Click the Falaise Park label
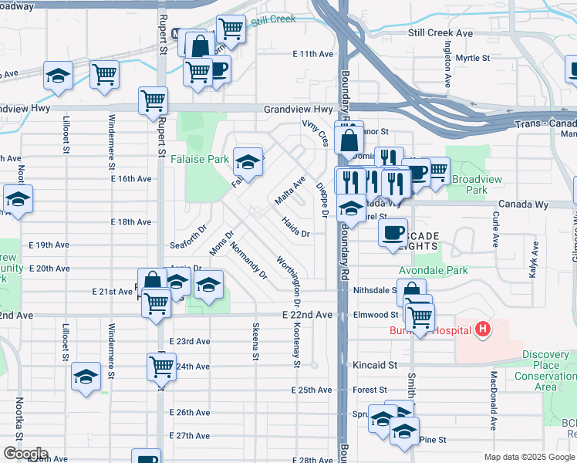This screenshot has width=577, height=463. click(x=207, y=159)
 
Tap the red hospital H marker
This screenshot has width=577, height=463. click(x=483, y=331)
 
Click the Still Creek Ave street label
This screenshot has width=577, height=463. click(x=440, y=33)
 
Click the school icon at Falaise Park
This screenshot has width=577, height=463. click(x=248, y=162)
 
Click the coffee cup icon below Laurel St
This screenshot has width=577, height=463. click(x=393, y=232)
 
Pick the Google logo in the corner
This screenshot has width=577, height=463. click(x=25, y=454)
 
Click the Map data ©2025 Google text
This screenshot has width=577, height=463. click(x=529, y=457)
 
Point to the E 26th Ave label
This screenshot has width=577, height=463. click(x=189, y=413)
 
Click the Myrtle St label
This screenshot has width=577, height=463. click(x=472, y=58)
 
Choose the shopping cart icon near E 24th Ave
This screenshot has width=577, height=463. click(x=161, y=367)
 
